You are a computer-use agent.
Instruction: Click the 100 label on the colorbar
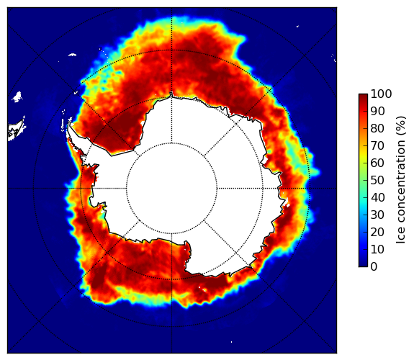coord(381,94)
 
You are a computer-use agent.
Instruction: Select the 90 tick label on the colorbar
coord(377,111)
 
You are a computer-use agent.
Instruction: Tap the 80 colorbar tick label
coord(377,129)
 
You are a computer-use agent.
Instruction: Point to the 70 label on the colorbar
coord(377,145)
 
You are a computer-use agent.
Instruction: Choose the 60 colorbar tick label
coord(377,163)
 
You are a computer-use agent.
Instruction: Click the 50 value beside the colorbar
coord(377,181)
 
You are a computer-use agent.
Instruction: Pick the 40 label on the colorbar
coord(377,197)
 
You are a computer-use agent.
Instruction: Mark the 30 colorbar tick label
coord(377,215)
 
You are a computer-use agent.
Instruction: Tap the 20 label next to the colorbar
coord(377,232)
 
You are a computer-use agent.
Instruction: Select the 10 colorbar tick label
coord(377,249)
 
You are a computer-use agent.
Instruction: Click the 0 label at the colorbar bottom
coord(374,267)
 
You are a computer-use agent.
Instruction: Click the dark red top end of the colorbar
coord(363,96)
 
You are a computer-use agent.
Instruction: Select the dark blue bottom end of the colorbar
coord(363,265)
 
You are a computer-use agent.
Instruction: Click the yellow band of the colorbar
coord(363,158)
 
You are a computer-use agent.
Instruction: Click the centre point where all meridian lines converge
coord(171,189)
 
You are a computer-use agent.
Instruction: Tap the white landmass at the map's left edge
coord(17,130)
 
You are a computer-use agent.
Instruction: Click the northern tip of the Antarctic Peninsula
coord(69,124)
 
